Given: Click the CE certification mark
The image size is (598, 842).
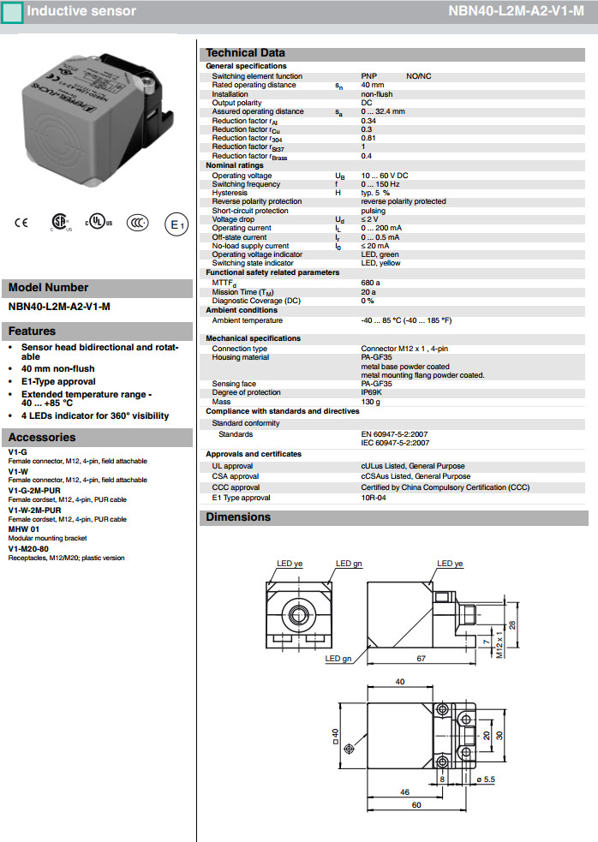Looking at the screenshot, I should coord(21,224).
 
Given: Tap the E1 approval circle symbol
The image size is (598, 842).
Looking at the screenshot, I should coord(176,224).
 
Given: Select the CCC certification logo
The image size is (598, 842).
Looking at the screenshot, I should coord(137,224).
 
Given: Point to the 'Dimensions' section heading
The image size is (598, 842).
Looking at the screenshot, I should coord(238,517).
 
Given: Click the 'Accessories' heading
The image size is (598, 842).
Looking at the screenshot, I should coord(42,438).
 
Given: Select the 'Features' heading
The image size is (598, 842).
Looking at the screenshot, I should coord(32,331).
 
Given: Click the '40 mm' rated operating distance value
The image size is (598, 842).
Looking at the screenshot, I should coord(373,85).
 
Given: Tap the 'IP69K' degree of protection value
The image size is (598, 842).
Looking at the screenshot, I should coord(373,392).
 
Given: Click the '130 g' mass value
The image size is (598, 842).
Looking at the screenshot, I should coord(371,402).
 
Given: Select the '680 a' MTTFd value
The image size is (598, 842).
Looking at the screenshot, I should coord(371,283).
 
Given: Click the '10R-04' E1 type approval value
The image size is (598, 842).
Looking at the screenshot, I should coord(374,498).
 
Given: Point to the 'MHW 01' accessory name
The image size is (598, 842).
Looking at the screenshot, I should coord(24,529).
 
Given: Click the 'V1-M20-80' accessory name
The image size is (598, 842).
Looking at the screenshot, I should coord(28,548).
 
